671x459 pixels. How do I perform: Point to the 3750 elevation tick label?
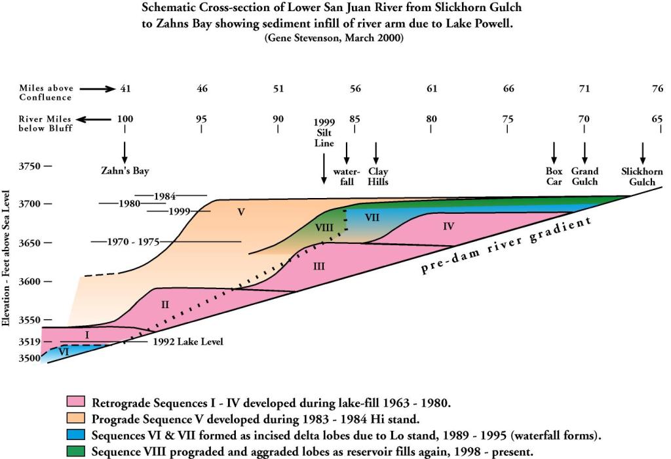pyautogui.click(x=29, y=167)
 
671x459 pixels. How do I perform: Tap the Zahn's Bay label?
pyautogui.click(x=125, y=171)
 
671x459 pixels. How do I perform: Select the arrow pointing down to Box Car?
pyautogui.click(x=554, y=153)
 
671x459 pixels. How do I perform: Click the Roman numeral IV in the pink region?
pyautogui.click(x=448, y=226)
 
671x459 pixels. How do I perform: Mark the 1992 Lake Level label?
pyautogui.click(x=188, y=342)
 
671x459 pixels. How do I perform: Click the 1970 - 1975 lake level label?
pyautogui.click(x=134, y=242)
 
